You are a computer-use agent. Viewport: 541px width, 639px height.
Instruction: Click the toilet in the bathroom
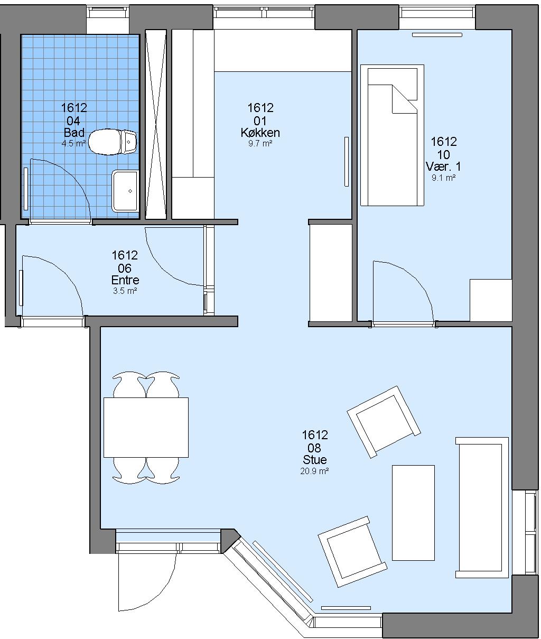point(113,142)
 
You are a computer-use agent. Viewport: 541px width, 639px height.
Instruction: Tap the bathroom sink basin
point(125,191)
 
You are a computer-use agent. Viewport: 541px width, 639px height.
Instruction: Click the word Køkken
point(260,133)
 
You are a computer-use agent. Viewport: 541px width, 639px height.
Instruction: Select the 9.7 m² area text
point(260,143)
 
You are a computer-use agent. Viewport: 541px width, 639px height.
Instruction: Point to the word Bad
point(74,133)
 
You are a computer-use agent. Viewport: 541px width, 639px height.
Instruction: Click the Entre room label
point(125,280)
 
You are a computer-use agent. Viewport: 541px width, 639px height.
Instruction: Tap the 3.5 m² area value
point(125,291)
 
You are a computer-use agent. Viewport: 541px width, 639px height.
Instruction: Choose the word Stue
point(314,460)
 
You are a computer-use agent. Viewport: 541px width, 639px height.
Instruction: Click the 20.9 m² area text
point(314,471)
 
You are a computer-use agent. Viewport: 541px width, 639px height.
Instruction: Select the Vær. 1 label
point(443,166)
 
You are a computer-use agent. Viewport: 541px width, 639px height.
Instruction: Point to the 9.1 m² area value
point(443,178)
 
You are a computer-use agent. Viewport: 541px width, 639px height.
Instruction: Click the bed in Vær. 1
point(392,135)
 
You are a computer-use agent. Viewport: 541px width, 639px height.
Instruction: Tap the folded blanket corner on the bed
point(405,99)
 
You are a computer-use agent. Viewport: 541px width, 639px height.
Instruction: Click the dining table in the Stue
point(146,427)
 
